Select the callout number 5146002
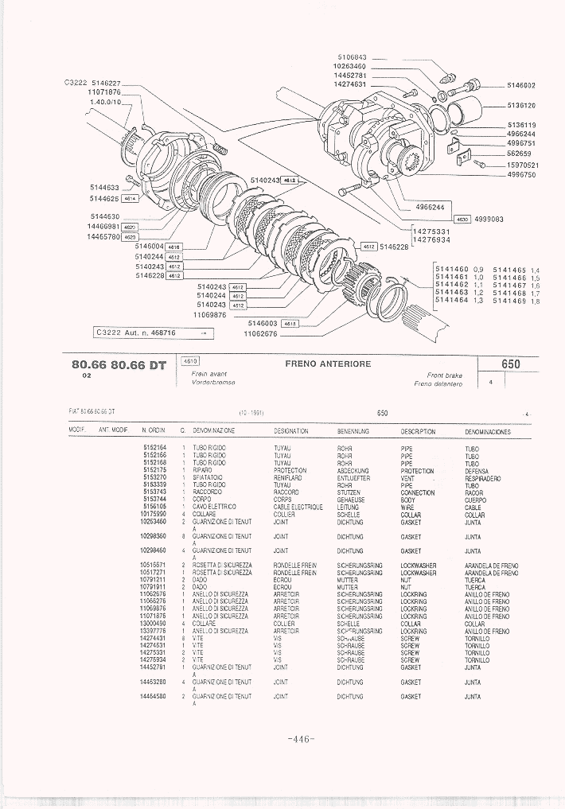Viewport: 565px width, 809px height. (x=520, y=85)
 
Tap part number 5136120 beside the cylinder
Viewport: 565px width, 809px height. (x=520, y=105)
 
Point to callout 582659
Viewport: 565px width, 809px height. (x=519, y=154)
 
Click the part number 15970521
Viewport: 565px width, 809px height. (x=523, y=165)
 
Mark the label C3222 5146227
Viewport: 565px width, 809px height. (x=92, y=84)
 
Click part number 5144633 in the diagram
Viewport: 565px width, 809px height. (x=104, y=189)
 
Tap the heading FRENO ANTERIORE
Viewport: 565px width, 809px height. (x=328, y=364)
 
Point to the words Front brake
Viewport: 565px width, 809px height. (x=444, y=375)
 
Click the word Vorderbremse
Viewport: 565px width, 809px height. (x=212, y=383)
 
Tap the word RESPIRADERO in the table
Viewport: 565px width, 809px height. (x=483, y=479)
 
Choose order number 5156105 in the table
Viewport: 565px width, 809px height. (x=154, y=508)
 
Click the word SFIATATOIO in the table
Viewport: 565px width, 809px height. (x=208, y=479)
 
